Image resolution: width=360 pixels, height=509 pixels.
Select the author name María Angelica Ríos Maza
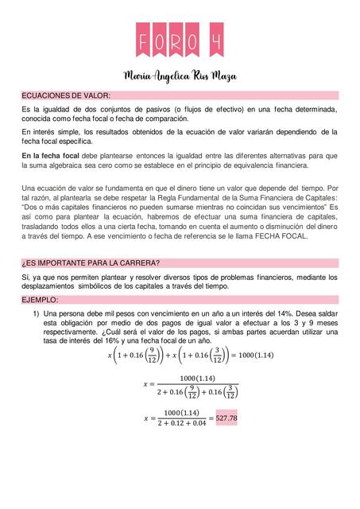coord(180,76)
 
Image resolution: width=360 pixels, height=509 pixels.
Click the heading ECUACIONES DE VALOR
coord(66,95)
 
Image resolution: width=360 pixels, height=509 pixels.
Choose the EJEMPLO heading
coord(40,299)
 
